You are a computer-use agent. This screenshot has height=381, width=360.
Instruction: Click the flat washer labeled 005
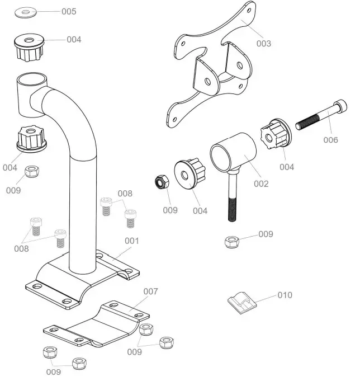point(26,12)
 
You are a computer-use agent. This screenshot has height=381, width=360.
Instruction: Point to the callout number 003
point(263,43)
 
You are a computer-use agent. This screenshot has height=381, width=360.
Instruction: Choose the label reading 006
point(331,140)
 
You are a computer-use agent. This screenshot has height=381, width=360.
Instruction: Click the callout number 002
point(261,183)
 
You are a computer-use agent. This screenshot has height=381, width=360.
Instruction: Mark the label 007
point(151,291)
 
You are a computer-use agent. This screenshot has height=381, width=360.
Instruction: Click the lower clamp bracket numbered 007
point(95,327)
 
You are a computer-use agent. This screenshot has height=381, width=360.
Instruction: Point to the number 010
point(285,295)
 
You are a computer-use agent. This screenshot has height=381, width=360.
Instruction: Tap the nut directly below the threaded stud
point(231,242)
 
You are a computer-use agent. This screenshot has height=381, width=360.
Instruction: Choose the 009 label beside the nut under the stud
point(266,234)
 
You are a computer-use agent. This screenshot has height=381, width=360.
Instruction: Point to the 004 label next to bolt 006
point(287,167)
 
